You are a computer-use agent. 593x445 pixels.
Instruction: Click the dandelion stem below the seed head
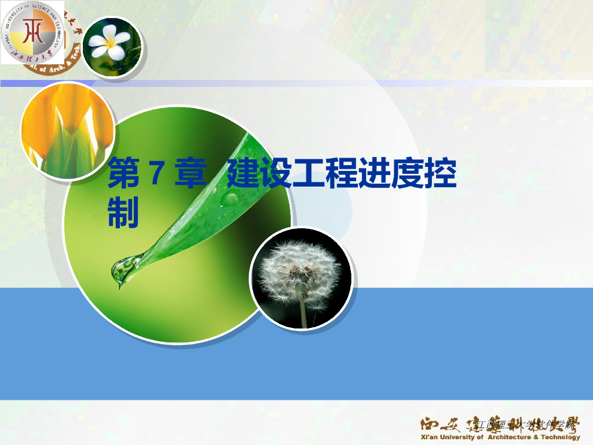(303, 313)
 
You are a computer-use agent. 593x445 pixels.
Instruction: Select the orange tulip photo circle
(67, 130)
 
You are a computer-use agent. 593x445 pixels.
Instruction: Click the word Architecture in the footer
(510, 437)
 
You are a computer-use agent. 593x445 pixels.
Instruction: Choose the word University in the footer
(457, 437)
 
